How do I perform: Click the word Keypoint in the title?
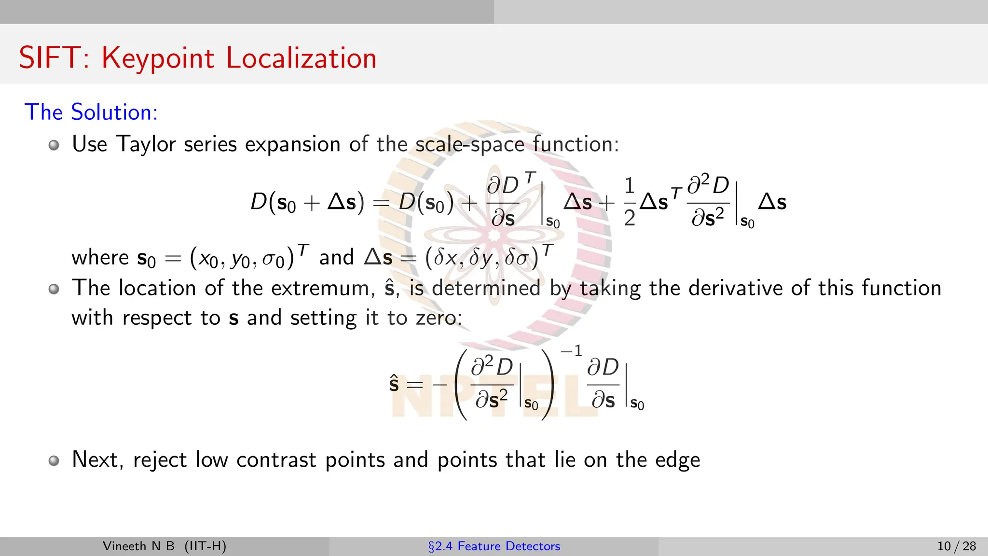[x=158, y=59]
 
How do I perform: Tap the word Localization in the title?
[x=301, y=58]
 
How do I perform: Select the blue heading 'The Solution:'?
[x=91, y=112]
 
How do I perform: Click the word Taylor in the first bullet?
[x=146, y=144]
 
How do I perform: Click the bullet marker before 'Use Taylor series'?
[x=54, y=145]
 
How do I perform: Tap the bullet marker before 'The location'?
[x=54, y=289]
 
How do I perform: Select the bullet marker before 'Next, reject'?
[x=54, y=460]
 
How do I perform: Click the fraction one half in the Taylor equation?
[x=629, y=202]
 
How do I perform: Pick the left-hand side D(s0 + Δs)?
[x=307, y=202]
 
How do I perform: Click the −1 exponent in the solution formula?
[x=572, y=351]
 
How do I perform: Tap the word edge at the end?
[x=677, y=460]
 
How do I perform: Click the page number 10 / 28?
[x=956, y=546]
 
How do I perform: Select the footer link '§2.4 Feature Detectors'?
[x=494, y=546]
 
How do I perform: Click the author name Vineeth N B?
[x=138, y=546]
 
